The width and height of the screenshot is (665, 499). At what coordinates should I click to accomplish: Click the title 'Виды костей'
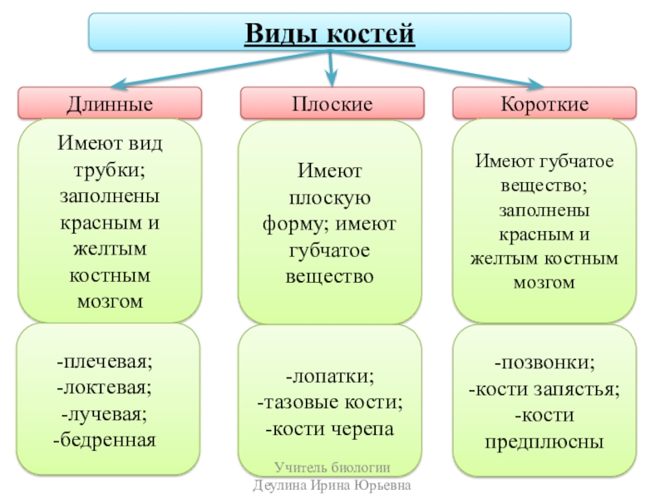coord(330,34)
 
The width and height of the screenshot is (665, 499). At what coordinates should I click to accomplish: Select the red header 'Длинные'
coord(110,105)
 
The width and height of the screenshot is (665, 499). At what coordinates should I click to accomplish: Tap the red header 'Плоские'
coord(332,105)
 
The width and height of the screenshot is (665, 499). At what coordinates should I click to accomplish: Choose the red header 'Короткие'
coord(544,105)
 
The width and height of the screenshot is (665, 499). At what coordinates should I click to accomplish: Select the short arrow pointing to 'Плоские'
coord(331,67)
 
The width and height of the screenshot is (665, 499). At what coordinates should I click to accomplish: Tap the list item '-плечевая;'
coord(106,363)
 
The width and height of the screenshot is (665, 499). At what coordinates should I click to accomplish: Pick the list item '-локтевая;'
coord(106,388)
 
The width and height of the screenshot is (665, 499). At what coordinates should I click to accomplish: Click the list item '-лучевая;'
coord(106,413)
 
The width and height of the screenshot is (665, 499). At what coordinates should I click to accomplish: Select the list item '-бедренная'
coord(106,438)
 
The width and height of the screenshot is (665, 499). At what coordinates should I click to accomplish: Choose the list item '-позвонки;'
coord(544,363)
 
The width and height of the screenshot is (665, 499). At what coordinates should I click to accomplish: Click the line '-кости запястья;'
coord(544,388)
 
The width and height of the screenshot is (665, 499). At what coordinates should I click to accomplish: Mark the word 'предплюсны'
coord(544,442)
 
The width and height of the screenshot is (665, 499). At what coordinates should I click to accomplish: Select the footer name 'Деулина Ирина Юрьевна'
coord(332,486)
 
